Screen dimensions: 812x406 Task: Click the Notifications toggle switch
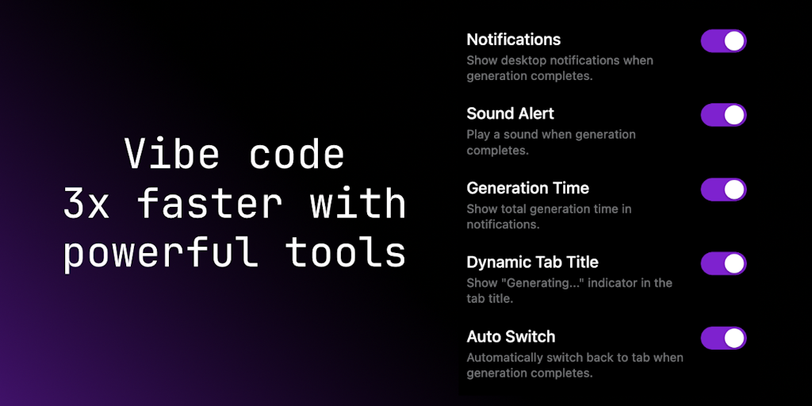pos(723,41)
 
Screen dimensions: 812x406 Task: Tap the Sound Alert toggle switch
pos(723,115)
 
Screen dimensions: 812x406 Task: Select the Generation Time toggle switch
pos(723,190)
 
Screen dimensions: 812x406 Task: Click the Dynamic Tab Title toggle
pos(723,263)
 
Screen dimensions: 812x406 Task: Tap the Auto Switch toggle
pos(723,338)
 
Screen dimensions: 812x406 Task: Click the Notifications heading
pos(514,40)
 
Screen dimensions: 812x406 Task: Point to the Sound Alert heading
pos(510,113)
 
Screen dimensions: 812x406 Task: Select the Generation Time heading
pos(527,187)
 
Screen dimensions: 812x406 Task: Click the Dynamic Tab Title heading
pos(532,262)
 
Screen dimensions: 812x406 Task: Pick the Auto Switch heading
pos(511,336)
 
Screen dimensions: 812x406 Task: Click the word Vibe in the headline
pos(172,154)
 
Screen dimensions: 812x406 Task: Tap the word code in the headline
pos(297,154)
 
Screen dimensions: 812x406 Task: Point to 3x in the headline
pos(86,203)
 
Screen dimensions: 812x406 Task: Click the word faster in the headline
pos(209,203)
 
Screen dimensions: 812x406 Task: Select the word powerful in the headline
pos(159,254)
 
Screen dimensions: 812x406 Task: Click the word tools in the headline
pos(346,252)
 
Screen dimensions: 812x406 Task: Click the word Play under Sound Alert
pos(477,135)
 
